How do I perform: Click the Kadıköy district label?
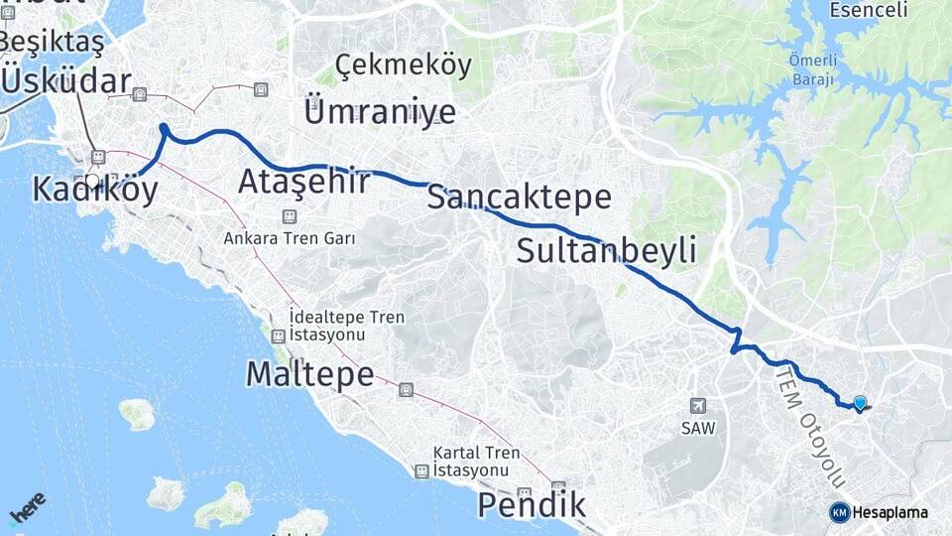94,190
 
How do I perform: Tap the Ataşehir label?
304,182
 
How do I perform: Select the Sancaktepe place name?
519,198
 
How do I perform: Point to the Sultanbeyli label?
606,251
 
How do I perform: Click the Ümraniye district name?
381,110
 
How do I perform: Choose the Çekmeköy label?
403,66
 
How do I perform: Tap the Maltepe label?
309,374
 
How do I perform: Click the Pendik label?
532,505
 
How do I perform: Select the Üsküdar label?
65,81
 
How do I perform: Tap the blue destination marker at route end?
860,402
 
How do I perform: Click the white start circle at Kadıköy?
92,181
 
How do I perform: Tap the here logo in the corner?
27,507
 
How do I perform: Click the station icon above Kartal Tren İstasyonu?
422,471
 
